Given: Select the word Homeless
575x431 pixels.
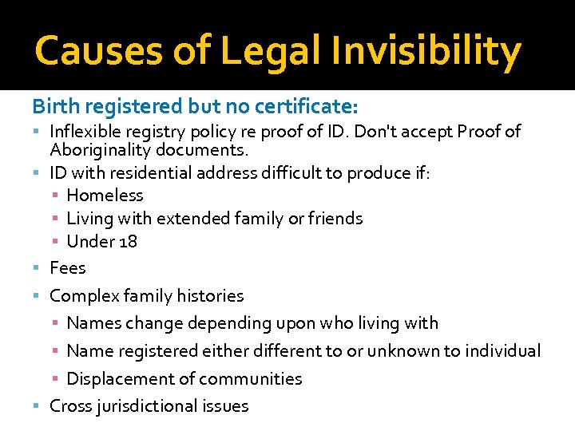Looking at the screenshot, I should coord(105,195).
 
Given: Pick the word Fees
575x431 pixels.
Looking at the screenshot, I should coord(67,267).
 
